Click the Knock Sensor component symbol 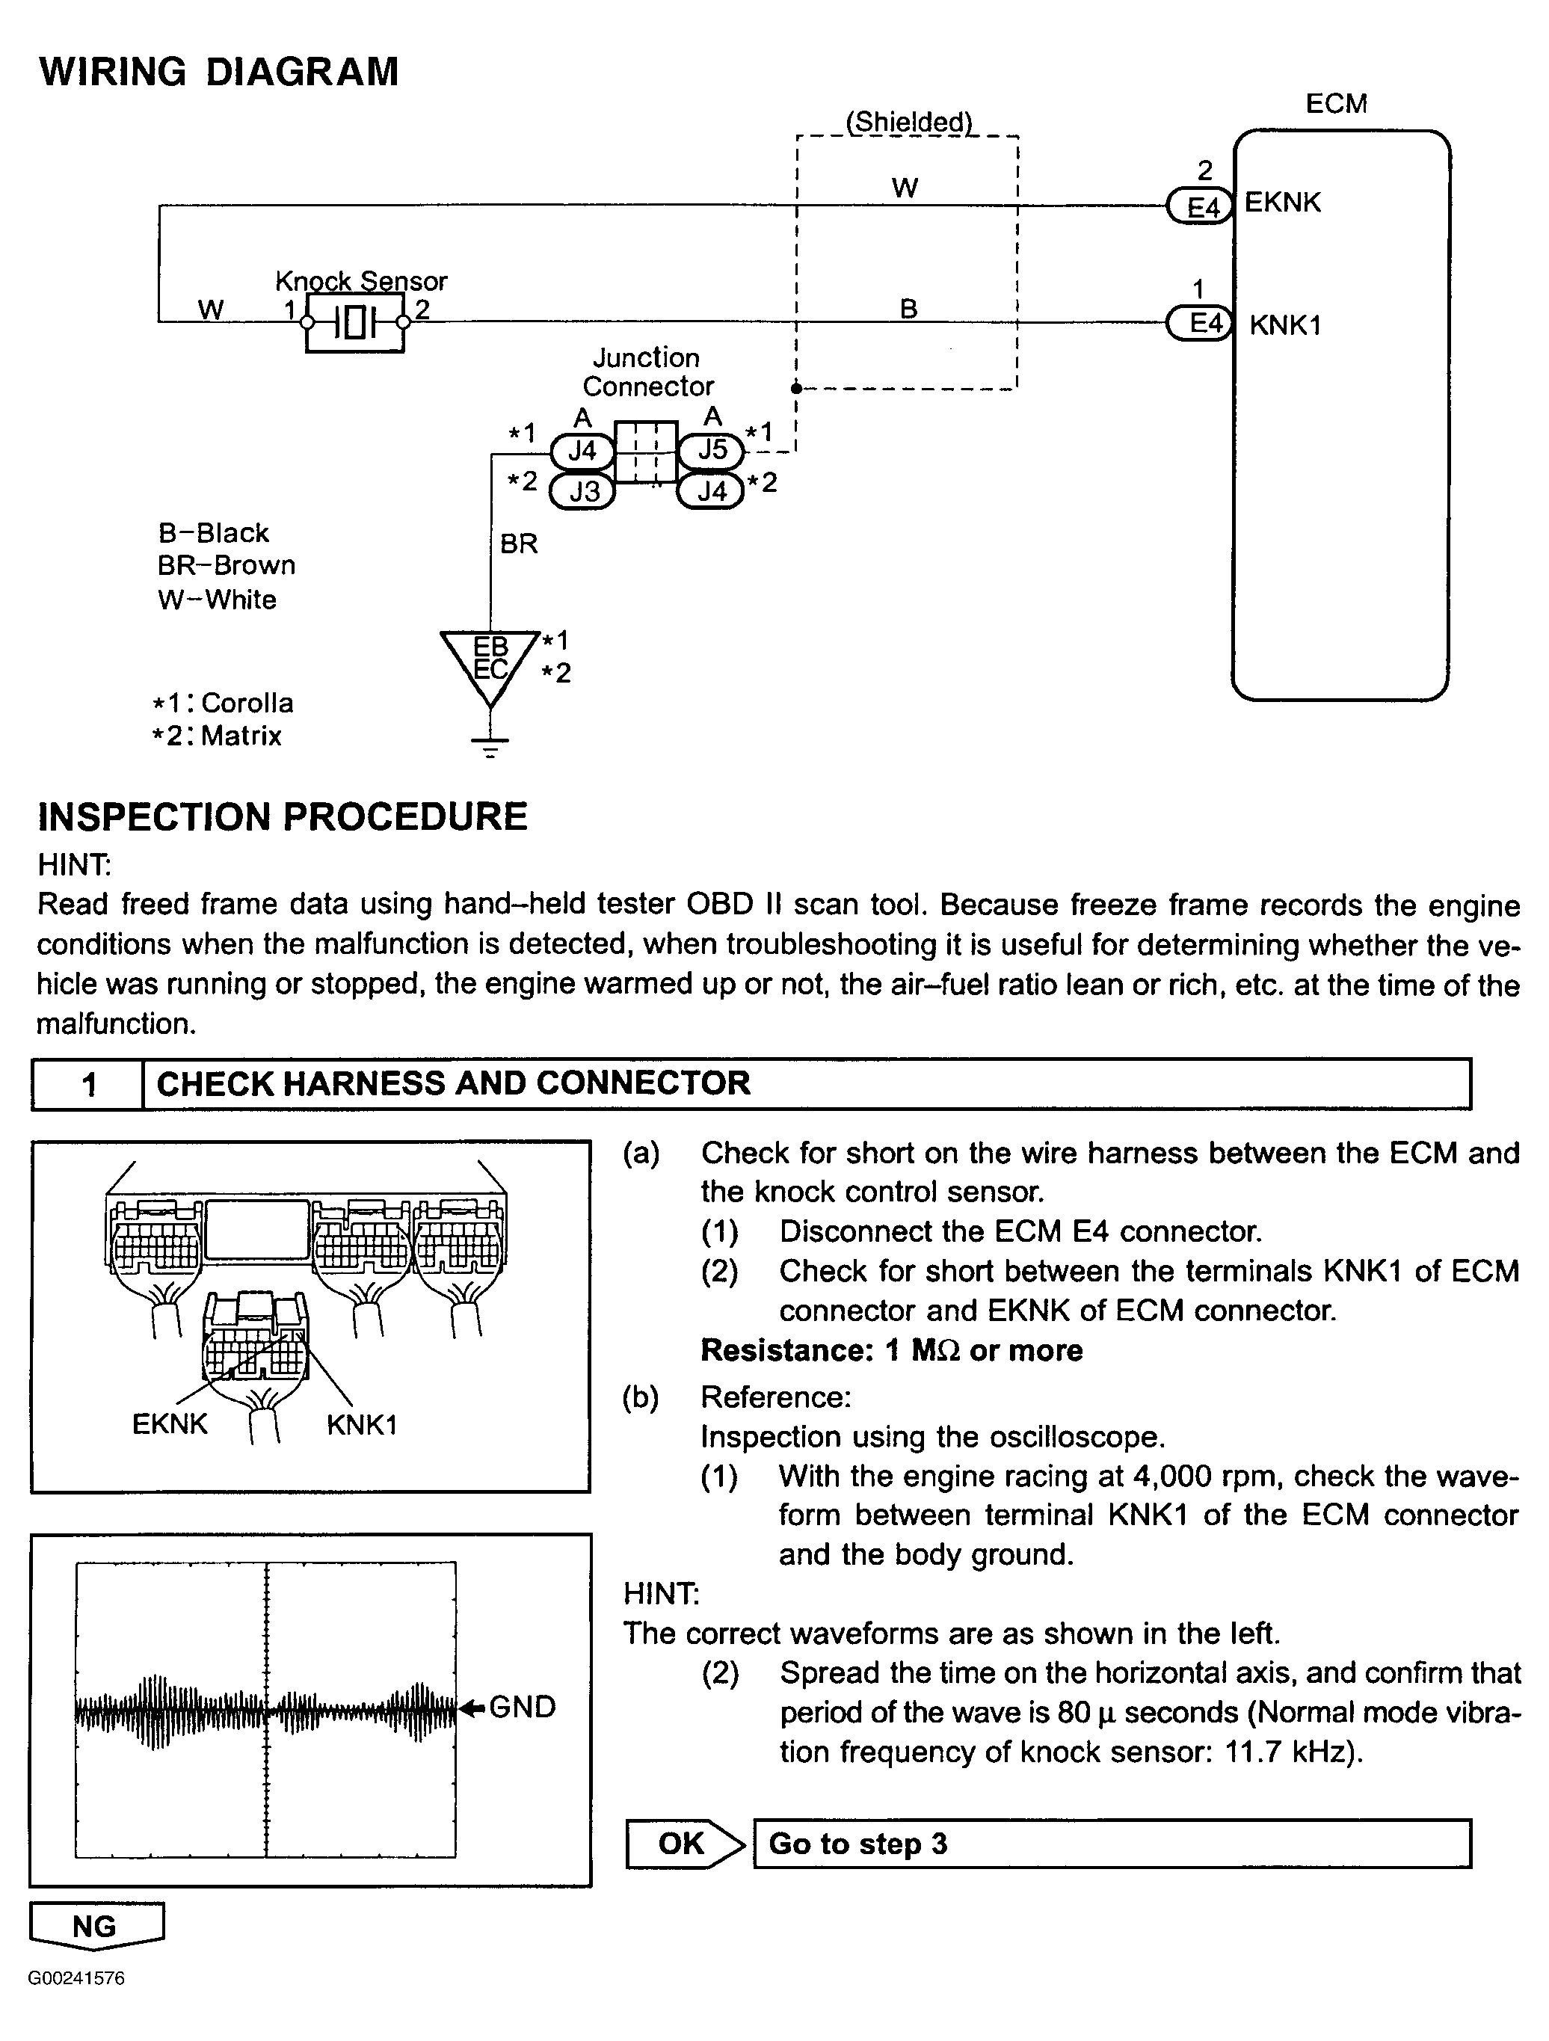(355, 323)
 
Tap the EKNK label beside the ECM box (1282, 202)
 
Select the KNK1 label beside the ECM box (1285, 324)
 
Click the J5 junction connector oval (711, 450)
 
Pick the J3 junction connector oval (583, 491)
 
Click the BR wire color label (519, 544)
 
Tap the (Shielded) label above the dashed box (909, 122)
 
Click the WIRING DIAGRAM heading (218, 72)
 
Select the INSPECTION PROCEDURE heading (283, 816)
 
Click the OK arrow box (683, 1844)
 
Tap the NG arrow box (96, 1926)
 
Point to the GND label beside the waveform (522, 1707)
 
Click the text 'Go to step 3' (858, 1844)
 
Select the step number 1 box (88, 1083)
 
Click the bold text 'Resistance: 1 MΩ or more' (891, 1350)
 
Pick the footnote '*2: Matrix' (218, 736)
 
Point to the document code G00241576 (76, 1978)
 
